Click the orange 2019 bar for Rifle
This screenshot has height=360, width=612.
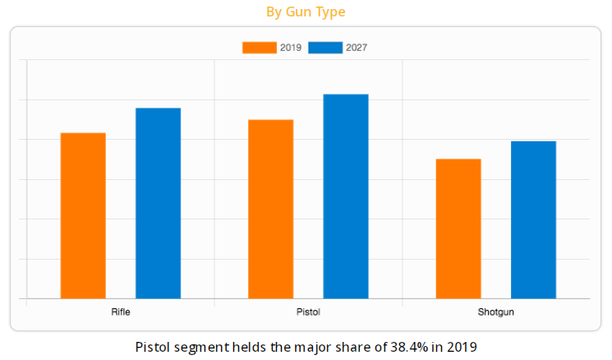83,215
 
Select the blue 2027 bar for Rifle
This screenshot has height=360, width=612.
158,203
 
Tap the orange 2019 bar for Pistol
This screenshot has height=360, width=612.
270,209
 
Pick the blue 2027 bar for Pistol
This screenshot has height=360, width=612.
345,196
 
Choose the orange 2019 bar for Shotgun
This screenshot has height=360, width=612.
458,228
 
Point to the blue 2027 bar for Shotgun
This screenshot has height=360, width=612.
533,219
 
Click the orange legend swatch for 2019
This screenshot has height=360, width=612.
259,48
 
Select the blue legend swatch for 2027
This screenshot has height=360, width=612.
325,48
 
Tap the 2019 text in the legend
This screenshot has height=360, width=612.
290,48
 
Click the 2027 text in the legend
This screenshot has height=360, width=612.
357,48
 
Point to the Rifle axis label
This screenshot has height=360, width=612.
121,312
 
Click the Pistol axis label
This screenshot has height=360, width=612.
308,312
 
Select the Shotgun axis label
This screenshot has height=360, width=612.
495,312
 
